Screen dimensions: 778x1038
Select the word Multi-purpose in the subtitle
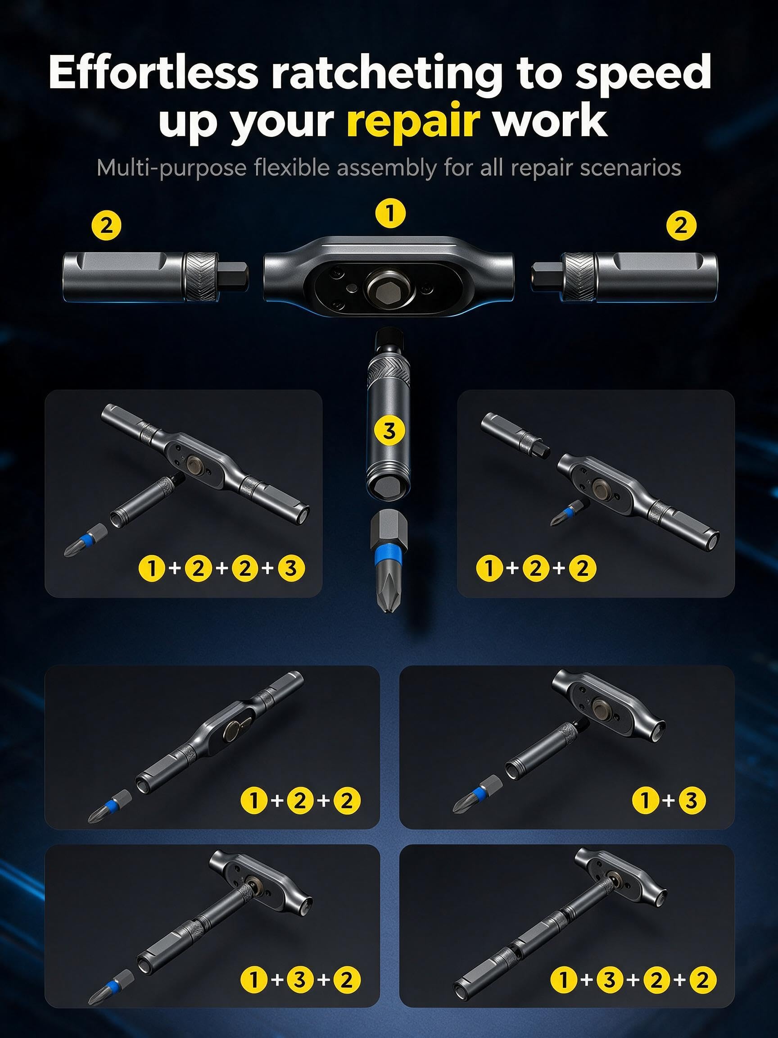click(x=171, y=168)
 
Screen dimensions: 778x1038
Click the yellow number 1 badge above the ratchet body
click(x=390, y=214)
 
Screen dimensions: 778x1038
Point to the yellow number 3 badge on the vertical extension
click(x=389, y=430)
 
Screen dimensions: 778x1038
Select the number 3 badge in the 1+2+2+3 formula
click(x=291, y=568)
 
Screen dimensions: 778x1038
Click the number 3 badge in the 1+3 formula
click(x=692, y=800)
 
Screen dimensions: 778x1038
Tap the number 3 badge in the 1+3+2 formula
click(x=300, y=980)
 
